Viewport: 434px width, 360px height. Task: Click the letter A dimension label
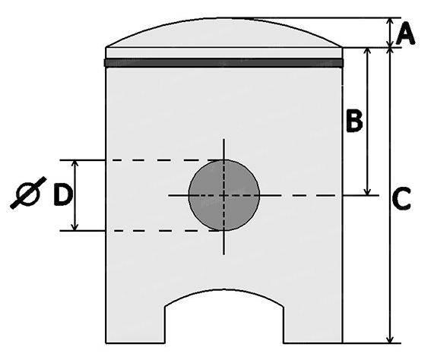pyautogui.click(x=405, y=33)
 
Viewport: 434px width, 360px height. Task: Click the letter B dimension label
pyautogui.click(x=354, y=121)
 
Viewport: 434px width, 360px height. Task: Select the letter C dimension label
pyautogui.click(x=401, y=198)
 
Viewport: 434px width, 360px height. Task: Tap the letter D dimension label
pyautogui.click(x=63, y=195)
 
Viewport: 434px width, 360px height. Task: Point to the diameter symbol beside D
pyautogui.click(x=28, y=193)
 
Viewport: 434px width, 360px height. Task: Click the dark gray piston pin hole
pyautogui.click(x=224, y=195)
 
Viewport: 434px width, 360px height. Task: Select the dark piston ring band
pyautogui.click(x=224, y=63)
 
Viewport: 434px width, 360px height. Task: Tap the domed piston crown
pyautogui.click(x=224, y=33)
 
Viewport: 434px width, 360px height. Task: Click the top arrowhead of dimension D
pyautogui.click(x=74, y=164)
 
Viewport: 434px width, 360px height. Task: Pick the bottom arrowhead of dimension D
pyautogui.click(x=74, y=227)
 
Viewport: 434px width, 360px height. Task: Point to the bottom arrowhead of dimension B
pyautogui.click(x=368, y=191)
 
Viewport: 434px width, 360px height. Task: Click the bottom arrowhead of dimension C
pyautogui.click(x=390, y=339)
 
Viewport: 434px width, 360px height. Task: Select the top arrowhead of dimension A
pyautogui.click(x=390, y=21)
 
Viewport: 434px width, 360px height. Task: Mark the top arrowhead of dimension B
pyautogui.click(x=368, y=52)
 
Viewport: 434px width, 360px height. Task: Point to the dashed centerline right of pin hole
pyautogui.click(x=300, y=195)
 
